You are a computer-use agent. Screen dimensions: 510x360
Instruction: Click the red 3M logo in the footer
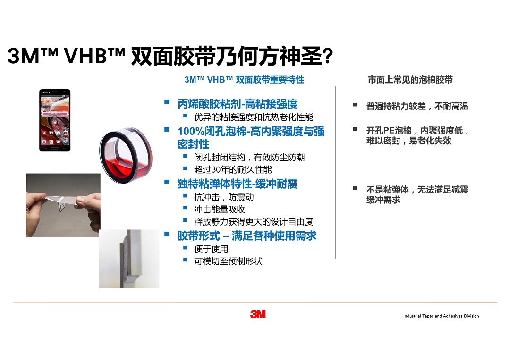258,314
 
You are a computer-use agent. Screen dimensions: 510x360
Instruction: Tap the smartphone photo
55,120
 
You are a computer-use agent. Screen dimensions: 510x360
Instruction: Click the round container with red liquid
126,155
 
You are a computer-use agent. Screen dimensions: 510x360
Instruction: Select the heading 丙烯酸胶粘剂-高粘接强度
238,104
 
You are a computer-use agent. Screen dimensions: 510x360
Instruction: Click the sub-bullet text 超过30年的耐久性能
233,169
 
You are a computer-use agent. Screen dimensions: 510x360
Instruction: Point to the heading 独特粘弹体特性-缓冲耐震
238,184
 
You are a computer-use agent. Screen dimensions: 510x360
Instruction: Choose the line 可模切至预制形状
228,261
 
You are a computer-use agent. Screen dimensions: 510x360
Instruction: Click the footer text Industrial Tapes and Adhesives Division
441,316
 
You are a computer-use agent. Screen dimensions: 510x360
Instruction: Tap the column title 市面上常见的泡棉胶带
410,80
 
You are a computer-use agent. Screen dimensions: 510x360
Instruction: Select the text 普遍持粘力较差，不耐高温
417,106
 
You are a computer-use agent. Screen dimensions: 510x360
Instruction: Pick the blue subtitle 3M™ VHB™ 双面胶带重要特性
244,80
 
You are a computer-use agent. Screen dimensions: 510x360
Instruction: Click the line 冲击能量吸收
220,209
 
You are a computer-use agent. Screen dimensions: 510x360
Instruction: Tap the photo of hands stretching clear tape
63,205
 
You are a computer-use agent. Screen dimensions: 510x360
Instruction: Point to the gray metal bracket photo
129,259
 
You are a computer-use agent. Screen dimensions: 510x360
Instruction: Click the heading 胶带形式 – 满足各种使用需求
247,236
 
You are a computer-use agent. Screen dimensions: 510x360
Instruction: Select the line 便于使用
211,249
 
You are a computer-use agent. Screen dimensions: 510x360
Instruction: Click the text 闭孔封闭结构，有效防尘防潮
249,158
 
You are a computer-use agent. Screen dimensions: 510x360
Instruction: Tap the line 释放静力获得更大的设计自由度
254,222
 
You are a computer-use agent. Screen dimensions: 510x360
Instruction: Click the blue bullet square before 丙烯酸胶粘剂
167,102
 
